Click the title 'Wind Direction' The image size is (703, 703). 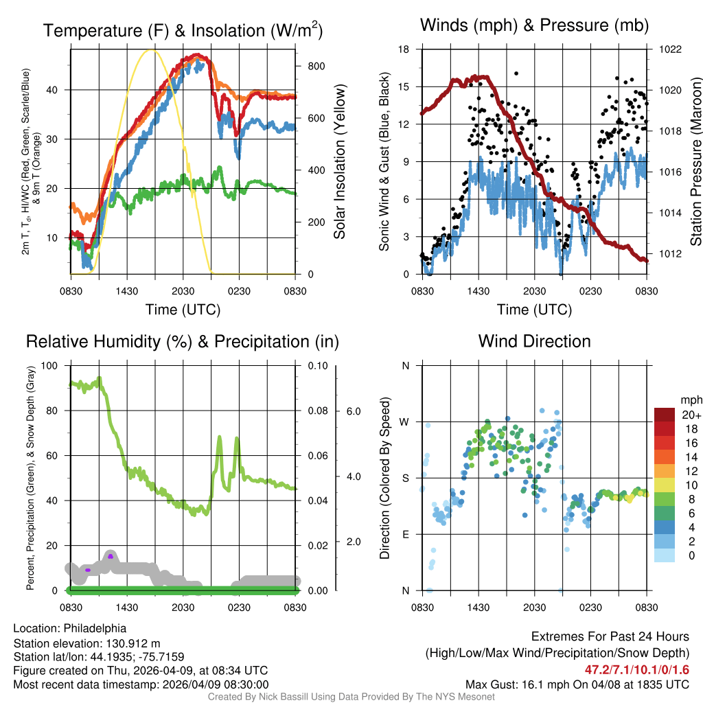534,341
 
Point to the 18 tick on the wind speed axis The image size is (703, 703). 404,49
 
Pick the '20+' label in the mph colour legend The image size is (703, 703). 691,415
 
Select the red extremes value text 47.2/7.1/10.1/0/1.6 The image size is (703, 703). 636,669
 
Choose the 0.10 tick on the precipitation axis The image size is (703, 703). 317,365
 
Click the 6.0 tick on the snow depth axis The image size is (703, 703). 352,411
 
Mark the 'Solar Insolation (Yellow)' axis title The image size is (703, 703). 339,161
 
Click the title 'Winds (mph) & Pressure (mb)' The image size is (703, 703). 534,26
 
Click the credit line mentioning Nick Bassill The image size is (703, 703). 351,697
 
